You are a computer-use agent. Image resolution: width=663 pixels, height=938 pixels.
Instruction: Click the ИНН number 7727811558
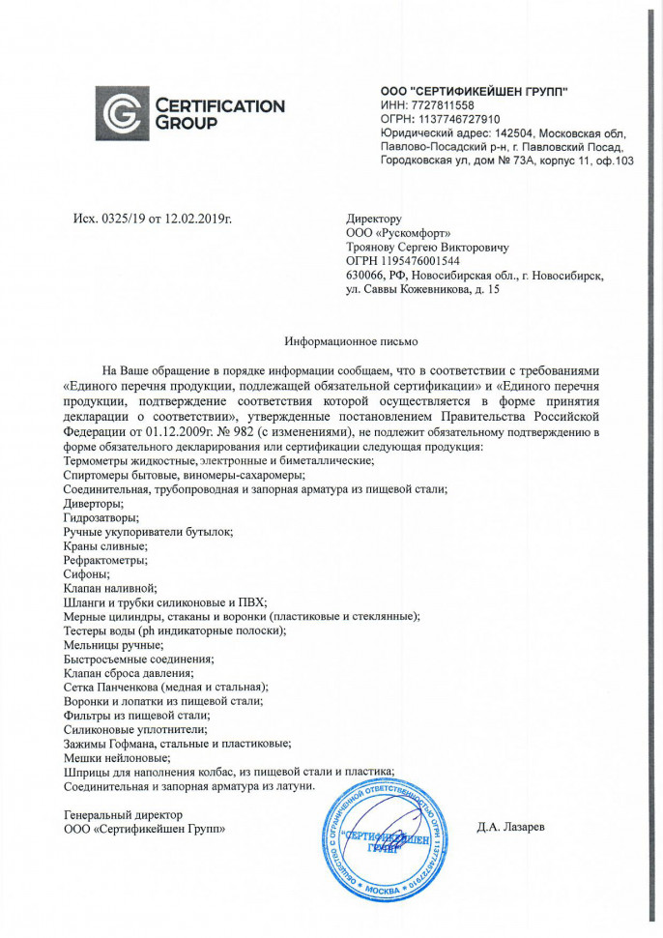pos(440,105)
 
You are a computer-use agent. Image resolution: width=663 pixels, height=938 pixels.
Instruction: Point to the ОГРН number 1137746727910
pos(453,119)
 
